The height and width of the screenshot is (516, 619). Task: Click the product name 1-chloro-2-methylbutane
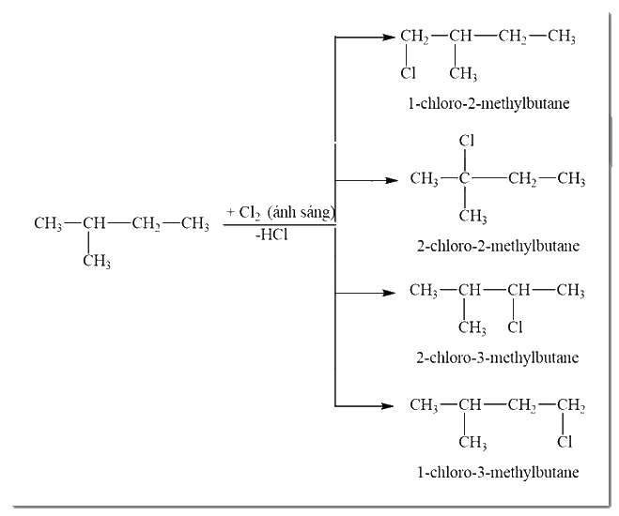[488, 104]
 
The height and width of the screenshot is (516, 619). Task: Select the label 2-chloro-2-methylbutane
[498, 246]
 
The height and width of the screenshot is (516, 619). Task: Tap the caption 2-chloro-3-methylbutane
[498, 357]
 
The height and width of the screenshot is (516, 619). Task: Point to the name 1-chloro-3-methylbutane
[498, 472]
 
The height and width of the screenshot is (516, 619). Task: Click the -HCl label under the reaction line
[271, 235]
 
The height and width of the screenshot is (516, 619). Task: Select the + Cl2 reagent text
[243, 213]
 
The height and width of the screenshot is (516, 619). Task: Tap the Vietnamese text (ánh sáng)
[302, 212]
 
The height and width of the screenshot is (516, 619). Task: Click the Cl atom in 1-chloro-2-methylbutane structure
[409, 73]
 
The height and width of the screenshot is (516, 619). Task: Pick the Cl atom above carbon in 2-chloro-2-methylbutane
[467, 141]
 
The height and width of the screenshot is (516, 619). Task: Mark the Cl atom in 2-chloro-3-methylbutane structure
[515, 326]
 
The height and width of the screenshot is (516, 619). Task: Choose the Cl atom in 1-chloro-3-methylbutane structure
[565, 442]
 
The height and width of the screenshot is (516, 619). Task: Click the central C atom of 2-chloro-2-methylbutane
[464, 178]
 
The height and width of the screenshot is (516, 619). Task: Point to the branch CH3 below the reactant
[97, 261]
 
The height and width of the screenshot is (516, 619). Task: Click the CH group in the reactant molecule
[94, 223]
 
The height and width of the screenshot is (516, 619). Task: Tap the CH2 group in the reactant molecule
[147, 224]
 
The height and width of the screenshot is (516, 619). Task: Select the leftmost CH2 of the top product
[414, 37]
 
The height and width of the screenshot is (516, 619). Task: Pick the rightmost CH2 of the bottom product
[571, 405]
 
